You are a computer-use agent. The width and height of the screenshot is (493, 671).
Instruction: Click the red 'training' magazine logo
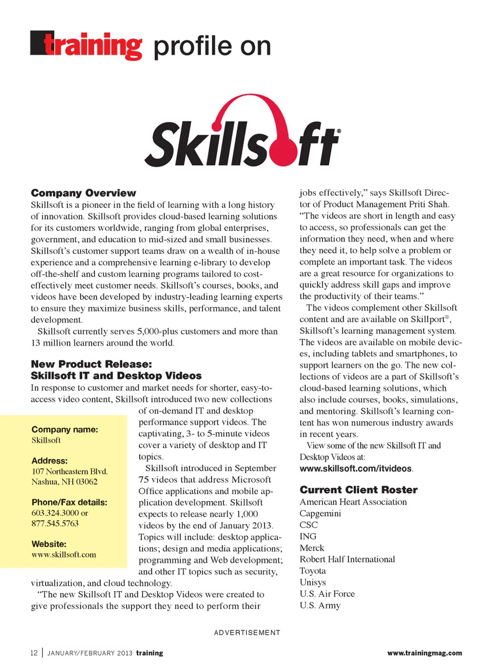pos(86,46)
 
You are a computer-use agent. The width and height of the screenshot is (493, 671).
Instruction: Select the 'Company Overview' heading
pos(83,193)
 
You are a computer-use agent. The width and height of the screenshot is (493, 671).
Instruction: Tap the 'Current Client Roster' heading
pos(358,489)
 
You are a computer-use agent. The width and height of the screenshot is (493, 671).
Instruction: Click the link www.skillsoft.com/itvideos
pos(355,468)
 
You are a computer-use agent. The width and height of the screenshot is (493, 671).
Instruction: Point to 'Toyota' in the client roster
pos(313,571)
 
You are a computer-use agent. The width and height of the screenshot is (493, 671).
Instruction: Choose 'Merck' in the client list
pos(312,548)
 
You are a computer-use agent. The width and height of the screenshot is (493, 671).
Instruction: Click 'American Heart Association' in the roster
pos(353,502)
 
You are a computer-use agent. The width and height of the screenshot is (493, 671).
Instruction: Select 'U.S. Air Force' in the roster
pos(327,593)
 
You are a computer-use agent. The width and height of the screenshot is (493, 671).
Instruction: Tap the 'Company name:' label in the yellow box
pos(65,429)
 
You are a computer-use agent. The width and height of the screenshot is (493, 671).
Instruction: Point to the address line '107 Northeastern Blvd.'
pos(69,471)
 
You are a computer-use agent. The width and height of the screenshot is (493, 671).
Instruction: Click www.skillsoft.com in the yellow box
pos(64,554)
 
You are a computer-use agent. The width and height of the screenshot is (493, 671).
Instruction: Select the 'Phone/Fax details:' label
pos(69,502)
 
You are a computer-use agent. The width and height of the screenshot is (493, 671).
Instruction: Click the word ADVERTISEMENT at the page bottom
pos(247,632)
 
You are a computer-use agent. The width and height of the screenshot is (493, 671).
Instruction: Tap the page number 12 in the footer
pos(34,653)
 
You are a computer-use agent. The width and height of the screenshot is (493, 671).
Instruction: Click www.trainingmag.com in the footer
pos(424,653)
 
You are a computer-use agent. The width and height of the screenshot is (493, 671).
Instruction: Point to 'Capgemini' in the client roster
pos(320,513)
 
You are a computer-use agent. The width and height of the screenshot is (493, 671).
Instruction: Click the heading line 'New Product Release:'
pos(91,364)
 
